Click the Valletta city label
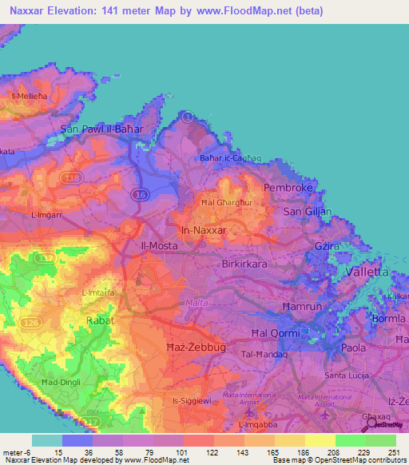click(366, 272)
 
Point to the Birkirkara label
click(248, 262)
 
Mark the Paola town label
click(353, 348)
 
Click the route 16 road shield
click(141, 194)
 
